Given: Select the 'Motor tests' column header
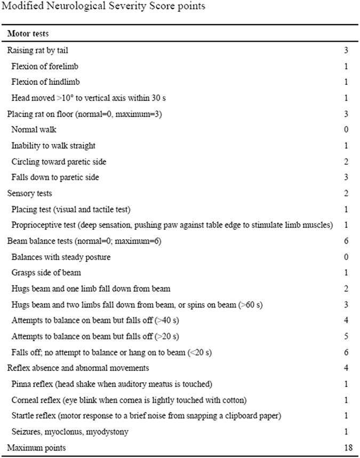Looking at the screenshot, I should click(28, 33).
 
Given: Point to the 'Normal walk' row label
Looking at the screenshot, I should click(33, 129).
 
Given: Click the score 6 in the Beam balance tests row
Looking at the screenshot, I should click(347, 241).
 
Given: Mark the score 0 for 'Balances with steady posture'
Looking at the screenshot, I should click(347, 257).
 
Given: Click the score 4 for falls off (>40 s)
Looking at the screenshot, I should click(347, 321).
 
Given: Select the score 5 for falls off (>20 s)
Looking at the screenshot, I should click(347, 336).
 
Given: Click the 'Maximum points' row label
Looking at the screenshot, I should click(36, 447).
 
